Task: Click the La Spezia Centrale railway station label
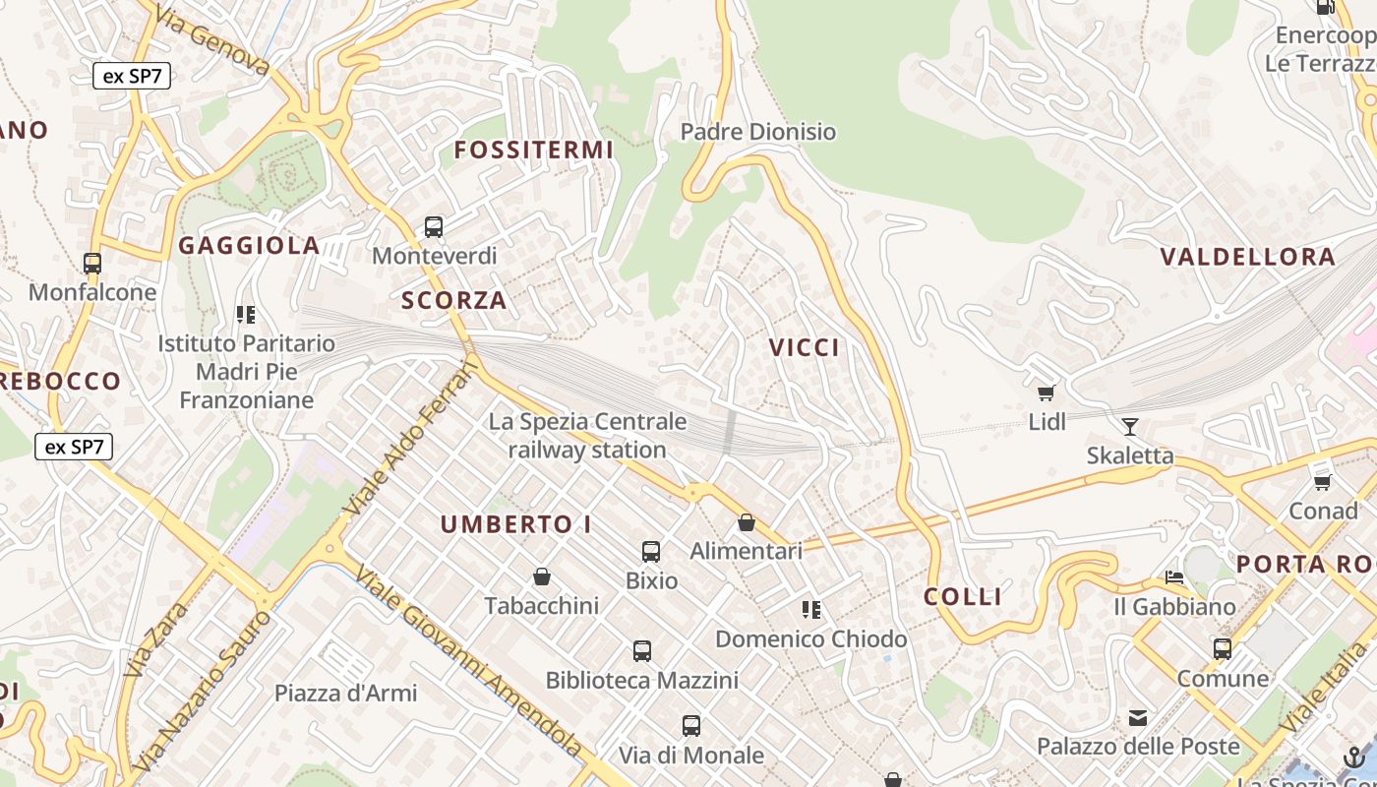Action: [x=588, y=436]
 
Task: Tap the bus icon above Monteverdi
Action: [x=434, y=227]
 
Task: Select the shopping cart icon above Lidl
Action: [x=1047, y=393]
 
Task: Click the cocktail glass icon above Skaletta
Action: [x=1130, y=426]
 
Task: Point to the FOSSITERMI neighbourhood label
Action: [x=534, y=151]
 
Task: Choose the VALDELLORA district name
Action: [x=1248, y=258]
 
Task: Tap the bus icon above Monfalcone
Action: [x=92, y=264]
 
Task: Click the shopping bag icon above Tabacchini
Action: [x=541, y=575]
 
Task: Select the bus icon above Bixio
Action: [x=651, y=551]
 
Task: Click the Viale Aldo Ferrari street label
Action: [x=413, y=438]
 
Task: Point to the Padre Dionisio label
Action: [x=758, y=132]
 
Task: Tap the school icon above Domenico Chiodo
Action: [x=810, y=610]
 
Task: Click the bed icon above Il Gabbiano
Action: [x=1173, y=577]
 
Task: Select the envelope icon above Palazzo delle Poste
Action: [x=1138, y=718]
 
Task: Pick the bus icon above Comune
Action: [x=1223, y=649]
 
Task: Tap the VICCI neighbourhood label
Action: [x=805, y=347]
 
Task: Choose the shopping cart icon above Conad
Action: [x=1323, y=482]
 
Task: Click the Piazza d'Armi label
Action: [x=345, y=694]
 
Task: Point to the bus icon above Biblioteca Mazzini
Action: [x=642, y=650]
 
